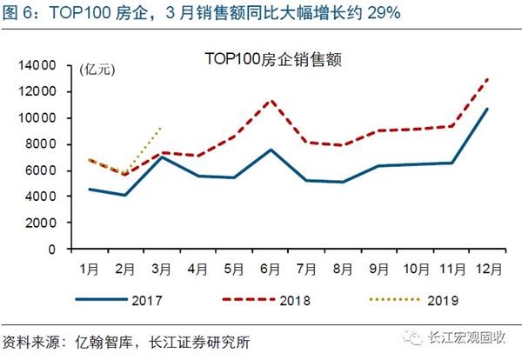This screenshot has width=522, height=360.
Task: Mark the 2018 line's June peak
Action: point(271,100)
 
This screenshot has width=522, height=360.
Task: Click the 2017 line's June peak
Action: point(271,150)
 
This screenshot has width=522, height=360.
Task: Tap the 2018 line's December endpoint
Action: point(488,78)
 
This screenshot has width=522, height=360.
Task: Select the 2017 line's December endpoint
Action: point(488,109)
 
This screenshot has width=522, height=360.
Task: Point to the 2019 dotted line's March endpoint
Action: point(162,127)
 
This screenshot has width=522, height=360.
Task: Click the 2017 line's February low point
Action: point(125,195)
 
